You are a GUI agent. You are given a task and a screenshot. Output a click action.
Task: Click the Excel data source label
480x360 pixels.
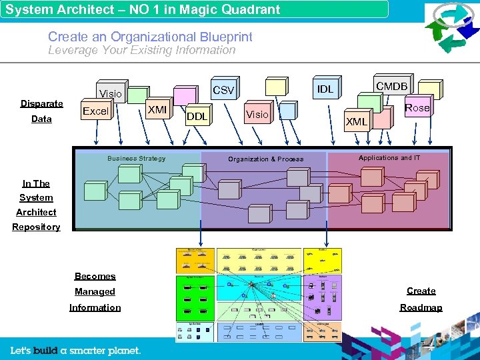click(95, 111)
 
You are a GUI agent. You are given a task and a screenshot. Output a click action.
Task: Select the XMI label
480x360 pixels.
click(157, 109)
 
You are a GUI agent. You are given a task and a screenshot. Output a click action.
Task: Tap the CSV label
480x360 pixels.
click(223, 90)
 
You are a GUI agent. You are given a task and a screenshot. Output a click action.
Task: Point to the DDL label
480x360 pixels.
click(197, 117)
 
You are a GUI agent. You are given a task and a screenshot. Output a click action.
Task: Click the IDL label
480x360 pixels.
click(325, 89)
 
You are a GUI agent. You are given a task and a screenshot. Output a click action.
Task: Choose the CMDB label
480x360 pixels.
click(392, 86)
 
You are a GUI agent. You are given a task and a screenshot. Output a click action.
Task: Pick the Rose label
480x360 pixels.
click(417, 108)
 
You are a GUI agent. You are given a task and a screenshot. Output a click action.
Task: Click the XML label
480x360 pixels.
click(357, 121)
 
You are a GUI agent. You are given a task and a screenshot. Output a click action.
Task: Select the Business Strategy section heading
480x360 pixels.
click(137, 159)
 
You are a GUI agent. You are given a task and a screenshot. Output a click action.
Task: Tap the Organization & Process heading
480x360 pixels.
click(265, 159)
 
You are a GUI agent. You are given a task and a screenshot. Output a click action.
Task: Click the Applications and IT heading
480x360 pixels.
click(389, 158)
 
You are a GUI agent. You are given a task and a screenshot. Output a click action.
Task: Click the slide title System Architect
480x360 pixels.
click(143, 9)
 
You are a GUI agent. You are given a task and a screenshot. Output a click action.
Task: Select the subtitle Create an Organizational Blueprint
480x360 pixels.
click(150, 37)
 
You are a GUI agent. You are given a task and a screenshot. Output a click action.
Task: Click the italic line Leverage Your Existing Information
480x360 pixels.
click(141, 50)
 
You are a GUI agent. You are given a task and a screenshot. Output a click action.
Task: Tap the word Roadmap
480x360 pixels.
click(421, 307)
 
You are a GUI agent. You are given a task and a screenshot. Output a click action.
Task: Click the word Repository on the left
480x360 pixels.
click(36, 227)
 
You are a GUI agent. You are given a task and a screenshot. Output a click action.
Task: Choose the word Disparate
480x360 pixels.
click(41, 103)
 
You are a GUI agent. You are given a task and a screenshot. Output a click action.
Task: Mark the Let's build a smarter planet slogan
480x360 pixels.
click(75, 350)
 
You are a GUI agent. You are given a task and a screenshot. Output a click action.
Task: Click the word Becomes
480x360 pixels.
click(95, 276)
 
